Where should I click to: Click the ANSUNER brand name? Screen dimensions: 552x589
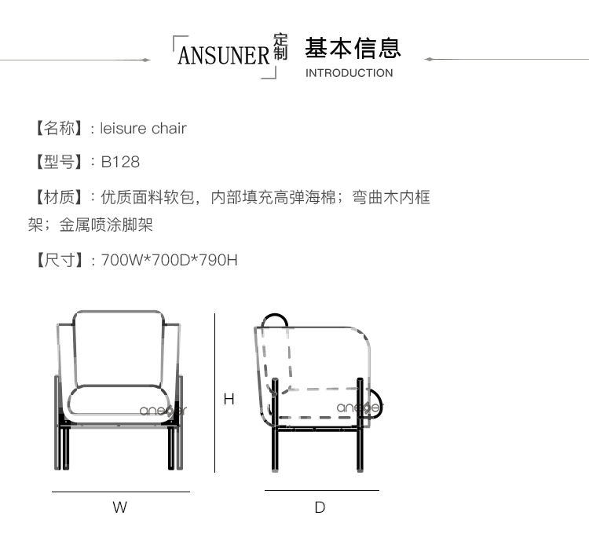coord(224,56)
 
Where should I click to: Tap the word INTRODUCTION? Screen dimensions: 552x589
coord(349,73)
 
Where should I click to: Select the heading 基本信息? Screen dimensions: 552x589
coord(353,48)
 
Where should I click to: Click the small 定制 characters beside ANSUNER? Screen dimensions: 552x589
coord(281,47)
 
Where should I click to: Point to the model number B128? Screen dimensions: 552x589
coord(120,162)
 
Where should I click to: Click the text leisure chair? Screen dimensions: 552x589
coord(144,128)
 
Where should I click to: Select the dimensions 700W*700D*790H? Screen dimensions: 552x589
coord(170,260)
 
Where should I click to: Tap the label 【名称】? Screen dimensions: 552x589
coord(56,128)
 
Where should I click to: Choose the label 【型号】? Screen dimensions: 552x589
coord(56,162)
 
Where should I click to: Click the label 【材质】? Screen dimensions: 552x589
coord(56,197)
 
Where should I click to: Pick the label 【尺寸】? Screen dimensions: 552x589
coord(56,260)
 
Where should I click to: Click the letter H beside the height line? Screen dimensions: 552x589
coord(229,399)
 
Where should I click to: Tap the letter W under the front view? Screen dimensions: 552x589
coord(119,507)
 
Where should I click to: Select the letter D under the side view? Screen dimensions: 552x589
coord(320,507)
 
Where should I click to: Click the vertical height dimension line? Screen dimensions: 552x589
coord(215,393)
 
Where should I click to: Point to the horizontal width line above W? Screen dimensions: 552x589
coord(120,492)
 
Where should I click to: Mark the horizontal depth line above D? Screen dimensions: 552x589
coord(321,490)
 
